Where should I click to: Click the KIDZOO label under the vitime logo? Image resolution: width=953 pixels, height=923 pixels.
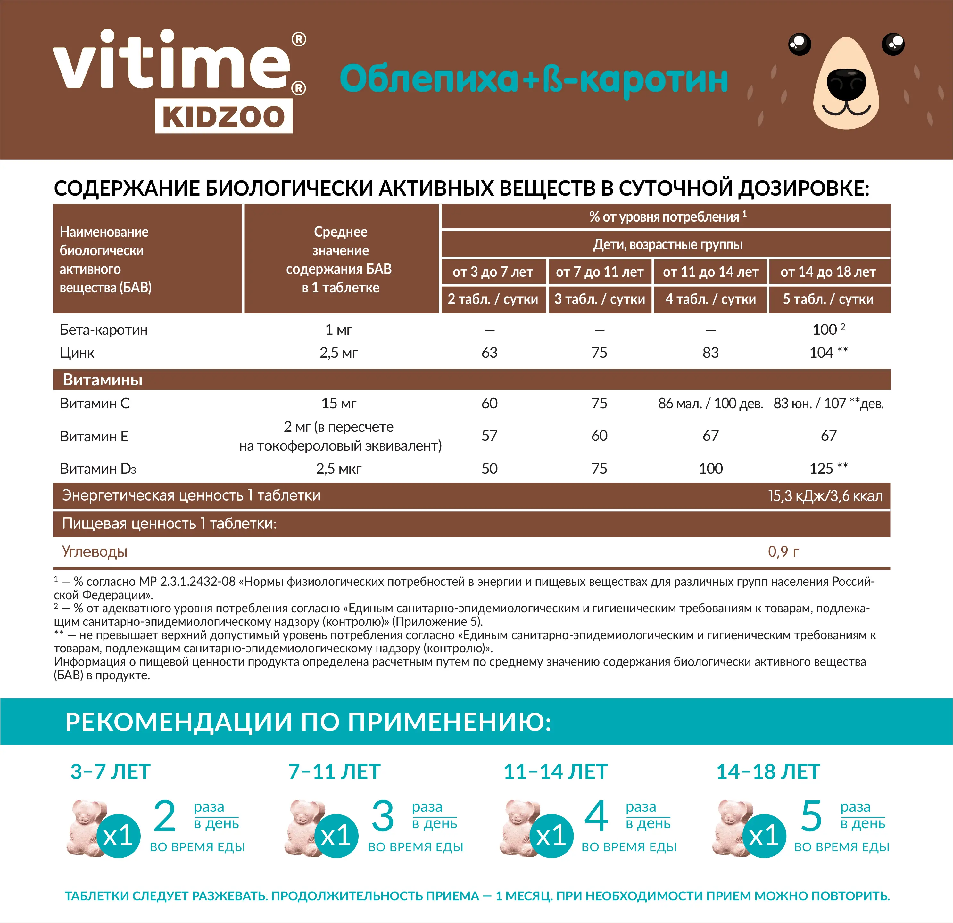[x=224, y=117]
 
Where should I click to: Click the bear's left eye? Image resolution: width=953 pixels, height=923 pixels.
[x=800, y=44]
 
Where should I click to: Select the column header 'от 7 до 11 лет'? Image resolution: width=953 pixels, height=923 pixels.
[x=600, y=272]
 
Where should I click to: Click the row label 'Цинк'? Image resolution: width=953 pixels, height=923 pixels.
[x=77, y=353]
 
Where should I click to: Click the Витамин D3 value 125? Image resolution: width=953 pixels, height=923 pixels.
[x=821, y=469]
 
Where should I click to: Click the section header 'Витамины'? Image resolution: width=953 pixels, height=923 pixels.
[x=103, y=380]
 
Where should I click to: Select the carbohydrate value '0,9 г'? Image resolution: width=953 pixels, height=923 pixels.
[x=783, y=552]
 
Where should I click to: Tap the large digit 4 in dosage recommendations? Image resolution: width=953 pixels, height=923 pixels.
[x=596, y=817]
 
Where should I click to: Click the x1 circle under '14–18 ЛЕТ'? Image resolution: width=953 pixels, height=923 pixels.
[x=764, y=836]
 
